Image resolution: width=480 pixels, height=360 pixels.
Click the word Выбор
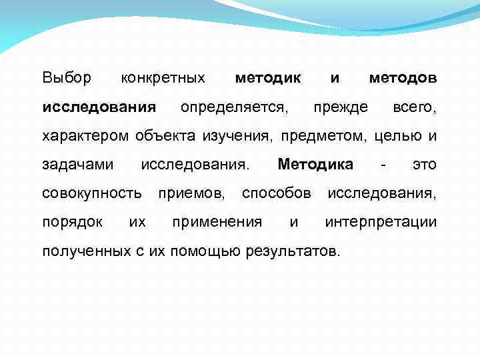pyautogui.click(x=67, y=78)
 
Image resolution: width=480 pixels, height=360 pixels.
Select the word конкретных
pyautogui.click(x=163, y=78)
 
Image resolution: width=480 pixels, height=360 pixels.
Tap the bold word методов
pyautogui.click(x=403, y=78)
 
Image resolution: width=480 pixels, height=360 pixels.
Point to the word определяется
pyautogui.click(x=235, y=107)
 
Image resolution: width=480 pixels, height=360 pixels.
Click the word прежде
pyautogui.click(x=341, y=107)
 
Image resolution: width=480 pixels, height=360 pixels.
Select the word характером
pyautogui.click(x=85, y=137)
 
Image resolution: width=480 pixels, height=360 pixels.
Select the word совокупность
pyautogui.click(x=92, y=194)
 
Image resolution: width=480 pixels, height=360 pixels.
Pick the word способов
pyautogui.click(x=276, y=194)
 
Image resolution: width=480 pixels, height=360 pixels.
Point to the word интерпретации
pyautogui.click(x=381, y=223)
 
